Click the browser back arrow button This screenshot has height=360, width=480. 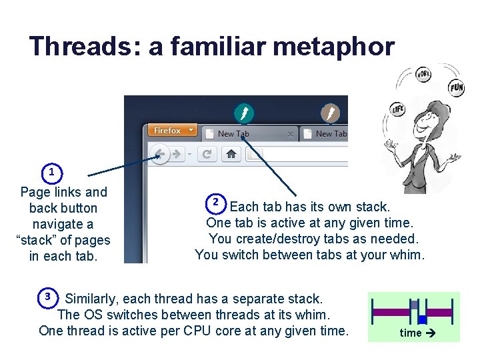coord(160,155)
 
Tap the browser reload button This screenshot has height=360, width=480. coord(207,155)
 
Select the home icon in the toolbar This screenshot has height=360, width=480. coord(231,155)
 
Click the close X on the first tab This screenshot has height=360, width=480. coord(290,134)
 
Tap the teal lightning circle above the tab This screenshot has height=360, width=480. coord(244,113)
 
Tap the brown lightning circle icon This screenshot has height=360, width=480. coord(330,113)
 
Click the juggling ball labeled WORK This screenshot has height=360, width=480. coord(423,74)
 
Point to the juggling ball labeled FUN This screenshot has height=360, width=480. coord(456,87)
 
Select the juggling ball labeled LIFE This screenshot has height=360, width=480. coord(398,109)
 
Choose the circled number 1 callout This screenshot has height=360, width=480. coord(51,172)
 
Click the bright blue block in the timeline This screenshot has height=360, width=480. coord(422,320)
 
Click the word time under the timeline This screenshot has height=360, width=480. coord(410,333)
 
